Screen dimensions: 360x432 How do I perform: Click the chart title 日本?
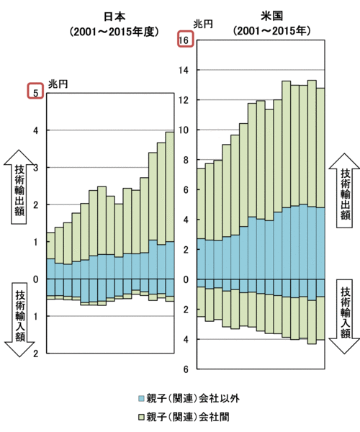[114, 17]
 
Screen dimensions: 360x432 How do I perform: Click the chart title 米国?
[272, 16]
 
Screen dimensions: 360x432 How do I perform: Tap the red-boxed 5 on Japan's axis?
[35, 91]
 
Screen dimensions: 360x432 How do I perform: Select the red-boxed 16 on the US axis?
[185, 39]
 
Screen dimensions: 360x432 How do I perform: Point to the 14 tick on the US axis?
[184, 71]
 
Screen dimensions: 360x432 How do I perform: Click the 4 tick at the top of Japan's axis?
[35, 130]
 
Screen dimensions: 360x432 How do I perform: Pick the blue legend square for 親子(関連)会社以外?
[141, 398]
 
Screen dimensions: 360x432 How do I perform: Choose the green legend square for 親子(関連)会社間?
[141, 417]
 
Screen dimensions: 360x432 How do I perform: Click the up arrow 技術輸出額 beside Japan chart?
[19, 186]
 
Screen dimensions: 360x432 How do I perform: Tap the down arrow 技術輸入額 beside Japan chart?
[19, 320]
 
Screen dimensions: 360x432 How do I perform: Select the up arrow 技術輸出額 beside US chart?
[345, 190]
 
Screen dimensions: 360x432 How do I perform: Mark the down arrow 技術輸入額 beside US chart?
[344, 317]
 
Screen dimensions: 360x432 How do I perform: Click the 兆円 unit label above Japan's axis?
[58, 84]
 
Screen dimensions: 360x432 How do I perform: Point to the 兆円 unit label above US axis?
[203, 24]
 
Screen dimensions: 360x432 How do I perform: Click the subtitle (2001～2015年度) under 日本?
[114, 32]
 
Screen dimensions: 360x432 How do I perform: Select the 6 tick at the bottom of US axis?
[186, 369]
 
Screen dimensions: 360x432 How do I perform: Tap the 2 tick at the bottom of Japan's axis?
[35, 354]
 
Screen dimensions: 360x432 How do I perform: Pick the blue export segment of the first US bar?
[201, 259]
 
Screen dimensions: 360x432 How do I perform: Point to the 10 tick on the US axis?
[184, 130]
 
